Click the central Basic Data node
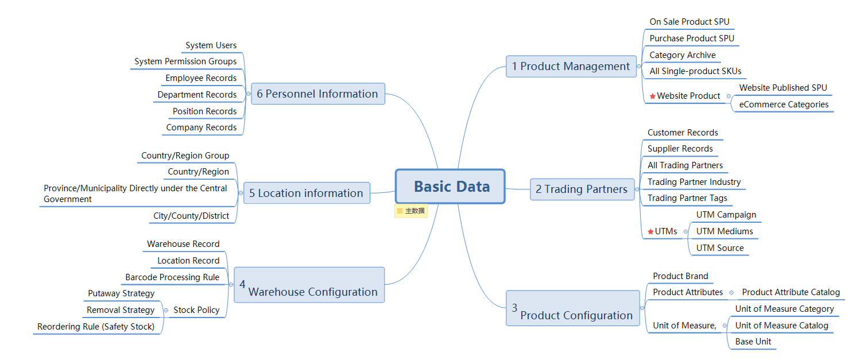point(450,187)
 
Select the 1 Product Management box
point(571,67)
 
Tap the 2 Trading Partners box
point(582,189)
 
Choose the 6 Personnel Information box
point(318,94)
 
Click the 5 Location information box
point(307,193)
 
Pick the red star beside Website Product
point(652,96)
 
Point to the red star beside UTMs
point(650,231)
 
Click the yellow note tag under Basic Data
point(411,211)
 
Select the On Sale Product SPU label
point(689,22)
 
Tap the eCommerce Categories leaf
point(784,104)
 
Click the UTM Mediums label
point(725,231)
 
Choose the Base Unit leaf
point(753,342)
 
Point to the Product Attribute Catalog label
point(791,292)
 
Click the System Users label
point(211,45)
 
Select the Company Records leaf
point(201,127)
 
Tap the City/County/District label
point(191,216)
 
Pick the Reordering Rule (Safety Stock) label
point(96,327)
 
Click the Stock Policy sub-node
point(196,310)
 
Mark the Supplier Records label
point(680,149)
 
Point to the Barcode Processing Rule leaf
point(172,277)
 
